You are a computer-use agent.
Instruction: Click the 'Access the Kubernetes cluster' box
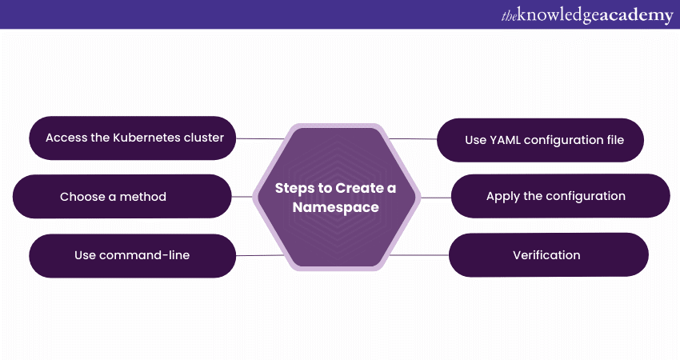[132, 138]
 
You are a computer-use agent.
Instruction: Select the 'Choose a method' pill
[122, 197]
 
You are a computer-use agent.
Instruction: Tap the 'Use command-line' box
[132, 255]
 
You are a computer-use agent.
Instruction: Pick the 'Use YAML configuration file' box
[540, 140]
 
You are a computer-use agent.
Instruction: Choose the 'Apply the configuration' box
[561, 196]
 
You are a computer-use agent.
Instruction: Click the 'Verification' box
[549, 255]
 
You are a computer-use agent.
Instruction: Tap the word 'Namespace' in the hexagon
[336, 208]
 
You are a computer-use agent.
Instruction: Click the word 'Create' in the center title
[359, 188]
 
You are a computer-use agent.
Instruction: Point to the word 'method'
[142, 197]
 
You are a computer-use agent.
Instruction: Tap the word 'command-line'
[145, 255]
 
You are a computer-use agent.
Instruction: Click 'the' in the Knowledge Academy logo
[509, 16]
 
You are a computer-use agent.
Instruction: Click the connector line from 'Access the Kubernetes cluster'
[260, 138]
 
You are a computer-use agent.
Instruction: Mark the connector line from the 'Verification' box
[419, 255]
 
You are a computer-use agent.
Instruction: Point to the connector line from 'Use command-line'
[260, 255]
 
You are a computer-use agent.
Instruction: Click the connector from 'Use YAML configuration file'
[413, 139]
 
